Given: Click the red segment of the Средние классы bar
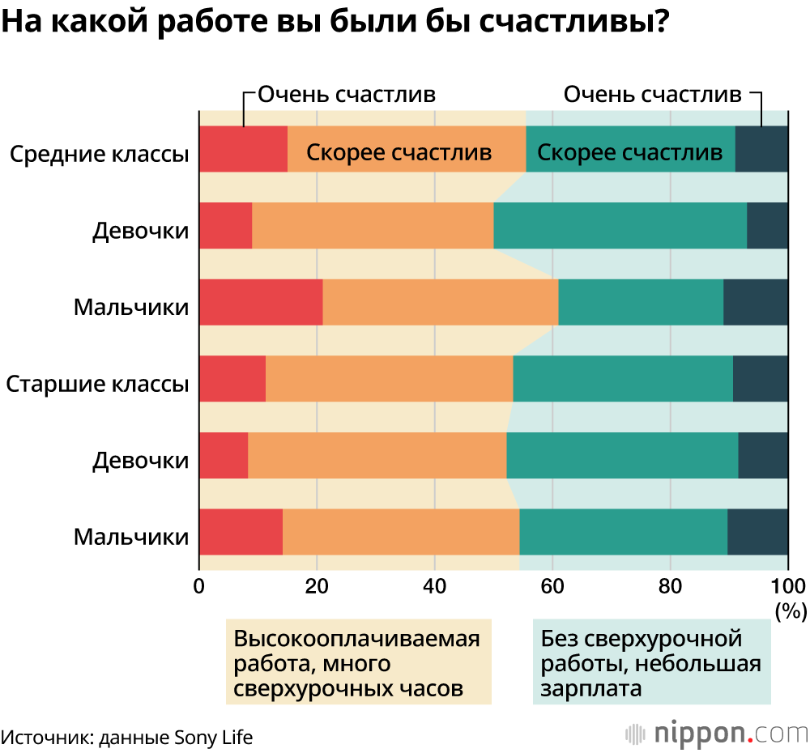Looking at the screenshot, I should point(243,149).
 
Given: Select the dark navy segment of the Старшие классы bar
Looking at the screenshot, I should point(760,378).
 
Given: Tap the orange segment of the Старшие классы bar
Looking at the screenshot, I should point(389,378).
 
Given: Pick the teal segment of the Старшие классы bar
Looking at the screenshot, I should point(622,378).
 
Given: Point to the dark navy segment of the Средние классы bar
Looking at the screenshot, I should point(761,149).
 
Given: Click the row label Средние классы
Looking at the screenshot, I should point(99,153).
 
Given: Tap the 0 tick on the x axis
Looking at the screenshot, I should point(199,585).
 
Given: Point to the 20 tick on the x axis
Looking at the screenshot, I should point(317,585).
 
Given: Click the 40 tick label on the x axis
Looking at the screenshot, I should point(435,585).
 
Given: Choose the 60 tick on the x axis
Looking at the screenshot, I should point(552,585).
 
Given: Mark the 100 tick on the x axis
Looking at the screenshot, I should point(787,585).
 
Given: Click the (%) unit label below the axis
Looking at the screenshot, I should point(791,610).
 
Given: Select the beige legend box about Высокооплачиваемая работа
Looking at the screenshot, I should point(357,663).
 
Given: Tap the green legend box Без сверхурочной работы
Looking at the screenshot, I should point(651,663).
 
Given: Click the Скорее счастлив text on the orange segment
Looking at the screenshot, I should point(399,152).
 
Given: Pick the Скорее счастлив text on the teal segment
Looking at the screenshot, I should point(629,152).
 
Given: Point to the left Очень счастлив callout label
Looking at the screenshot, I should point(347,94).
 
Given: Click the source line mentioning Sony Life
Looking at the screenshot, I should point(127,737).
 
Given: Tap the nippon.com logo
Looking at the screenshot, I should point(718,734).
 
